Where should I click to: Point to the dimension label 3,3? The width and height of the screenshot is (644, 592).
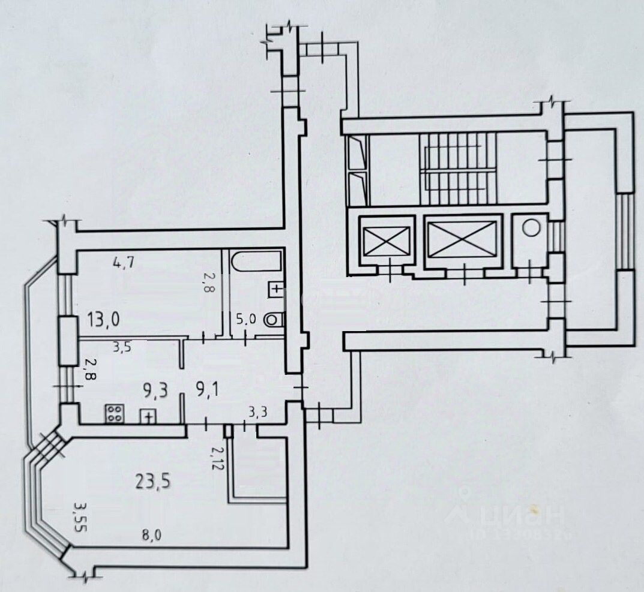click(x=258, y=411)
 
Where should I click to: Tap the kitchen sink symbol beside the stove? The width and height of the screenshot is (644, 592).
click(x=147, y=415)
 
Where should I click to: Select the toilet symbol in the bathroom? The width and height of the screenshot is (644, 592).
click(x=273, y=319)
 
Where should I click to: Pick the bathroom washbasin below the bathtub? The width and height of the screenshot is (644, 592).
click(x=275, y=289)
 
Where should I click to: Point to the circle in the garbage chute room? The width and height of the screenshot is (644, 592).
click(x=530, y=229)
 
